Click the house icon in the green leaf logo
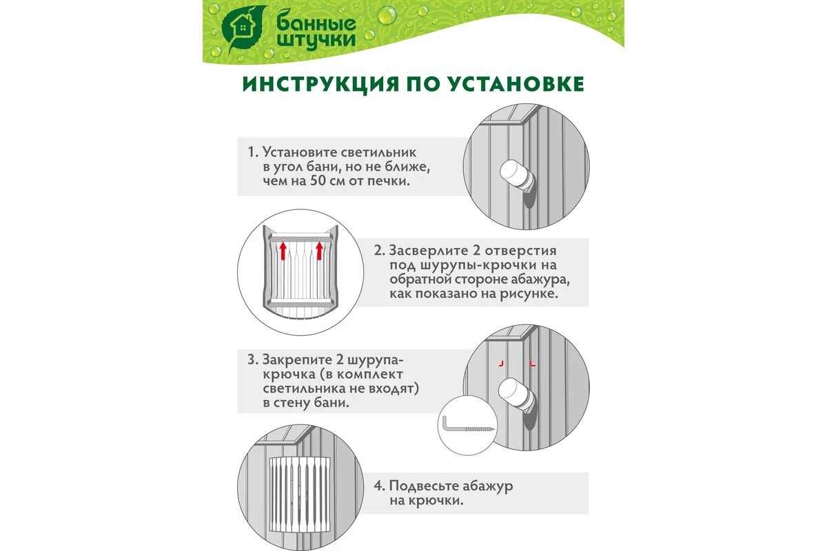click(243, 28)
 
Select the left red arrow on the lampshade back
click(283, 251)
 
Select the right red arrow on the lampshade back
click(319, 251)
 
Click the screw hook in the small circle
click(468, 426)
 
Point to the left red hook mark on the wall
click(501, 363)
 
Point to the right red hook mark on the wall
click(532, 363)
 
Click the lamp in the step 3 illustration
click(516, 395)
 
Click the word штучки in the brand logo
click(316, 40)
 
